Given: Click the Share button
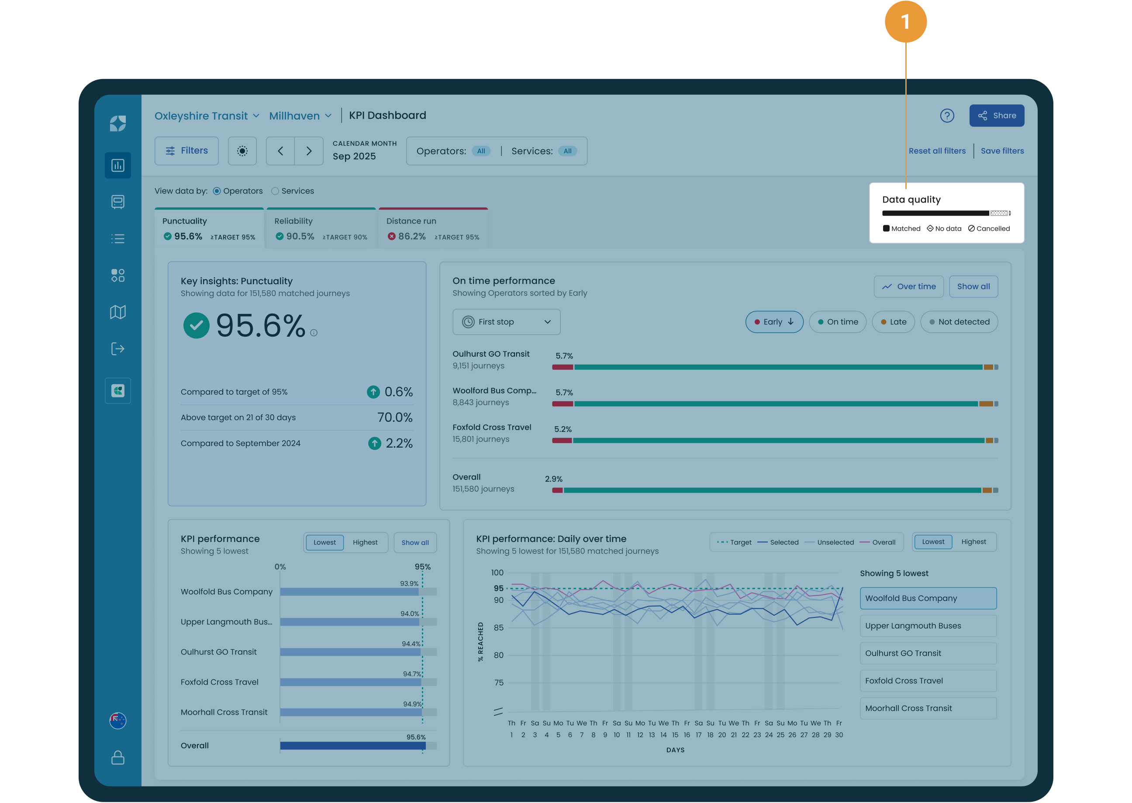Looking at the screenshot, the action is point(996,116).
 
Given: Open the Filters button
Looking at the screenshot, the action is point(186,151).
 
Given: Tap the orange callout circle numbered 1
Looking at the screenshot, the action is point(905,22).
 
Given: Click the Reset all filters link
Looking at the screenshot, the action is point(937,151).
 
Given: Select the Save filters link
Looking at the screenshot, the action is point(1002,151).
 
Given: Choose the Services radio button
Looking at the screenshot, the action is point(275,191).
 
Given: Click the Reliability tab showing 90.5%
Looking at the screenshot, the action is point(321,228).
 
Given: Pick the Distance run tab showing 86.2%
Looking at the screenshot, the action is point(433,228).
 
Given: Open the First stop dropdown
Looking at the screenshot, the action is point(507,322).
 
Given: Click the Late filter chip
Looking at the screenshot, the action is point(893,322).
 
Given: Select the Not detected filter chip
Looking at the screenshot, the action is point(959,322).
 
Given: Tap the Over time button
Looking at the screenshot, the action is point(908,287).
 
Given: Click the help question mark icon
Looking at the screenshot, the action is point(946,116).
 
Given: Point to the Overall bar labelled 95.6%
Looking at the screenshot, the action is point(352,746).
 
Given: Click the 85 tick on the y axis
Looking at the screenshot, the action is point(498,628).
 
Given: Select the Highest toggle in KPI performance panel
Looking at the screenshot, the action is point(365,543).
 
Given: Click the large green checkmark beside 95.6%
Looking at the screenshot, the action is point(197,326).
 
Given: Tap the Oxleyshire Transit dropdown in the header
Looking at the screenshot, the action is point(207,116).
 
